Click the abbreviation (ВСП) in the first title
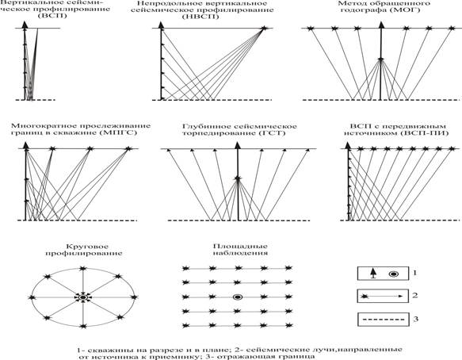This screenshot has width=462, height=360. [52, 15]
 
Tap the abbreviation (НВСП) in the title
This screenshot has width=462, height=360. [200, 17]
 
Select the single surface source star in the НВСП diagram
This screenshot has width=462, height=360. [263, 29]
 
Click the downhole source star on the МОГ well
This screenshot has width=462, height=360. [381, 59]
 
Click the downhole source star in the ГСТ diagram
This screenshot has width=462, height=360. [238, 178]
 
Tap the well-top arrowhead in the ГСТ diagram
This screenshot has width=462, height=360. [238, 145]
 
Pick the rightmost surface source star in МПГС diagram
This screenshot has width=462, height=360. [128, 148]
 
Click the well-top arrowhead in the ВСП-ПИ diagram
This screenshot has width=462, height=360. [348, 145]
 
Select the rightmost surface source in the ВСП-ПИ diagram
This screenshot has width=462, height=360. [452, 148]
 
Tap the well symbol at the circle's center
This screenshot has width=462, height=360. [83, 297]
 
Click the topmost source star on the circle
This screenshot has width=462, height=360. [82, 268]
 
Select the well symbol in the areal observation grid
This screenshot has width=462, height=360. [237, 297]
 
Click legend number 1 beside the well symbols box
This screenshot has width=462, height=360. [415, 273]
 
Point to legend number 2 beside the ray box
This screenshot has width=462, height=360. [415, 295]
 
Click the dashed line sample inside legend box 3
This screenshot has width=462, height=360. [383, 320]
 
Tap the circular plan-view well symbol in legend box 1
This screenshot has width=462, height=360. [394, 274]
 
